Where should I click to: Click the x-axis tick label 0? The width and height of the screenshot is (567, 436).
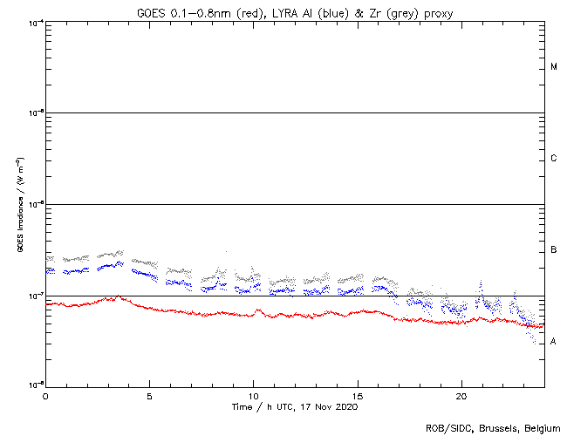[x=45, y=395]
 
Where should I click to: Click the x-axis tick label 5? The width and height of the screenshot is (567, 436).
[x=149, y=395]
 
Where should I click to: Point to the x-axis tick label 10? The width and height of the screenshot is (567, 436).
[x=253, y=395]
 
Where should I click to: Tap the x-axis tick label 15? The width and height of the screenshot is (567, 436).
[x=358, y=395]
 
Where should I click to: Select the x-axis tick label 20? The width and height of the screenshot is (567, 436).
[x=461, y=395]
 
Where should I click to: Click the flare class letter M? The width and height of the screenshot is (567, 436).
[x=554, y=67]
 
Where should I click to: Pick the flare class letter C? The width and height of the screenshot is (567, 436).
[x=554, y=159]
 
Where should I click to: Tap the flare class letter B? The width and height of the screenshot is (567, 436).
[x=554, y=250]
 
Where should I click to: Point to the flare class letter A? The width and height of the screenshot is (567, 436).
[x=554, y=342]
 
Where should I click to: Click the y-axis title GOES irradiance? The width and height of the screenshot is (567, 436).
[x=19, y=205]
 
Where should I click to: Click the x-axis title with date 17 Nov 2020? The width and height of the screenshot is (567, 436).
[x=294, y=406]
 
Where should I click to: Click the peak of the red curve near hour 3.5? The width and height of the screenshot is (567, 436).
[x=116, y=296]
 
